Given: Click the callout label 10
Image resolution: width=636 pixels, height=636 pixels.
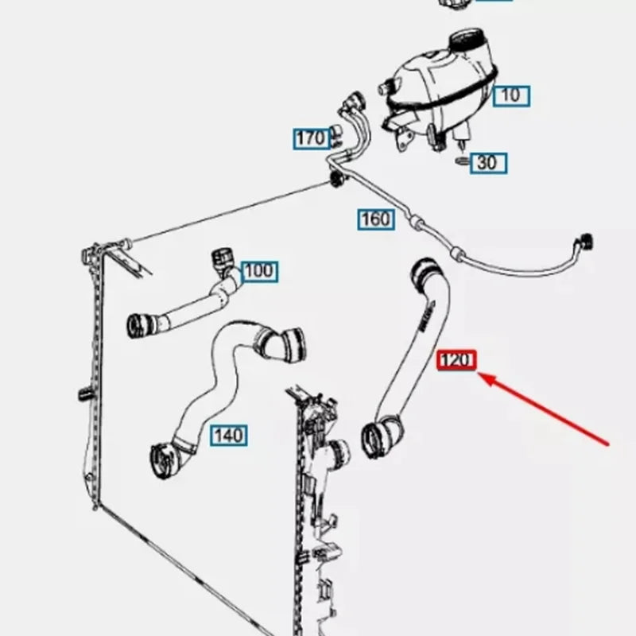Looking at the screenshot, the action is click(x=511, y=96).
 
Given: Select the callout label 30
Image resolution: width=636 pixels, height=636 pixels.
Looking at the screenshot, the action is click(x=488, y=163).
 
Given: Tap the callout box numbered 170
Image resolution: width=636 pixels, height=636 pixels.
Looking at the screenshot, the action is click(x=312, y=138).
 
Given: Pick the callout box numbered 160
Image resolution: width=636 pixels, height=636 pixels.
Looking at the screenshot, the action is click(x=376, y=219).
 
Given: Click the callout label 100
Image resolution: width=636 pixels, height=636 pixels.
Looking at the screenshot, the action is click(x=260, y=271).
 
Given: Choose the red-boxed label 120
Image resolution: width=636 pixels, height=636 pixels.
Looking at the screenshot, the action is click(x=456, y=360).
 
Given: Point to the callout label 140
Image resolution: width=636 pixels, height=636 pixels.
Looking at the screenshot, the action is click(x=229, y=436).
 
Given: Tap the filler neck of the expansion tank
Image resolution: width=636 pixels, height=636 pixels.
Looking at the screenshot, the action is click(x=467, y=41).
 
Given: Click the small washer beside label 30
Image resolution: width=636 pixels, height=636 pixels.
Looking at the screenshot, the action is click(x=462, y=161).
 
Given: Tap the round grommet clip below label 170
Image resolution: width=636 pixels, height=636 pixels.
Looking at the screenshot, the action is click(x=336, y=179).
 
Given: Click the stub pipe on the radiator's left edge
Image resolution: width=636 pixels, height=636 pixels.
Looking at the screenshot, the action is click(x=84, y=394).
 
